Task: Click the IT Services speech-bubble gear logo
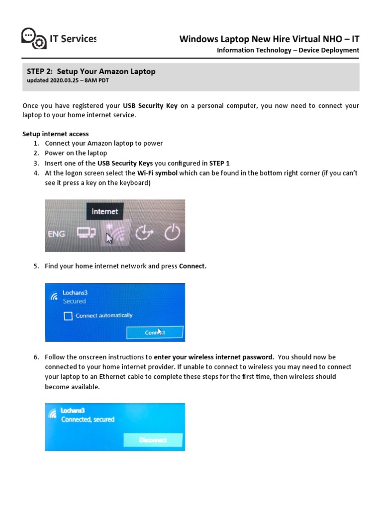[34, 38]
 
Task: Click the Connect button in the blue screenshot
[155, 332]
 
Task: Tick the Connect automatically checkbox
[68, 316]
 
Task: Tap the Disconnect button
[153, 440]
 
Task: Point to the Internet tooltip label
[104, 211]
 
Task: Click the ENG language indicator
[56, 234]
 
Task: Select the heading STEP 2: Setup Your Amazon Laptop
[91, 72]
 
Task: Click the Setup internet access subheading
[56, 134]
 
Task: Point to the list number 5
[36, 266]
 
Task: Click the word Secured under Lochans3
[74, 301]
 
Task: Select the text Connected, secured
[88, 420]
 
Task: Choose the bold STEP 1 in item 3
[219, 163]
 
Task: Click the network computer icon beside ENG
[86, 233]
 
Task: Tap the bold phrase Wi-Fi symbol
[157, 173]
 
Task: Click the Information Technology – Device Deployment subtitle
[288, 50]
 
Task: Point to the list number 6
[36, 357]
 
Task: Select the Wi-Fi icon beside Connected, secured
[52, 414]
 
